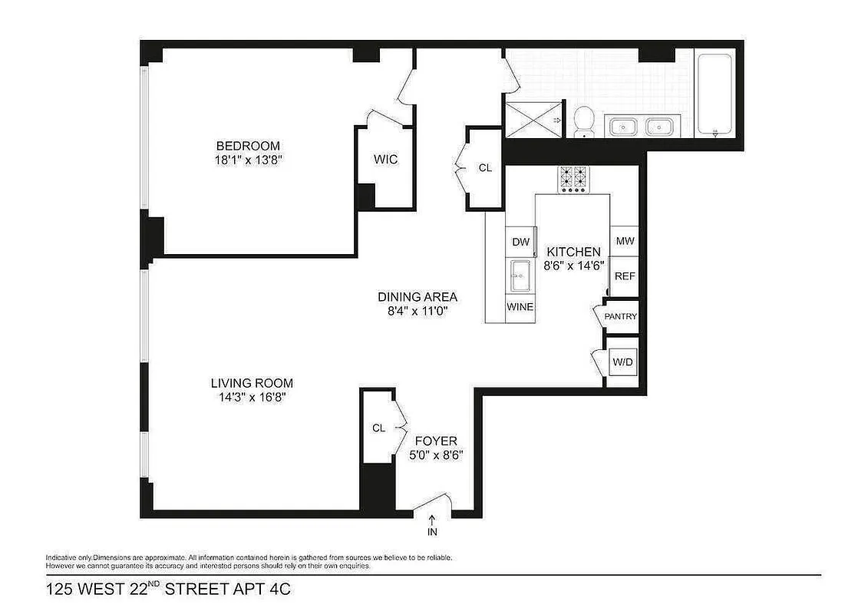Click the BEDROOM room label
tap(248, 146)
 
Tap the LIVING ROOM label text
tap(252, 383)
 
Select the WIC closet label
tap(385, 160)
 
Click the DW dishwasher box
tap(521, 242)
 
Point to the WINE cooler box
tap(520, 307)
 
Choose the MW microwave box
tap(625, 241)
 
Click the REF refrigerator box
tap(625, 276)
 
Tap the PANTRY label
tap(621, 316)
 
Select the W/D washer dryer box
tap(622, 361)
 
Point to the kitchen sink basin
tap(520, 274)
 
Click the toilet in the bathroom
tap(585, 120)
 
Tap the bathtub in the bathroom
tap(715, 93)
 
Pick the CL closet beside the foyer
tap(378, 428)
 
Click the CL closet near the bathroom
tap(484, 167)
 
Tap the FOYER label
tap(436, 441)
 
